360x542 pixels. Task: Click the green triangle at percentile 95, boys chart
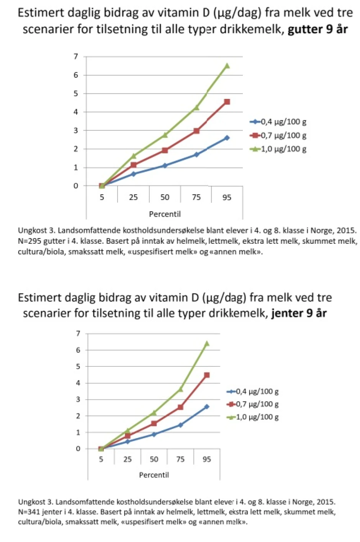point(227,66)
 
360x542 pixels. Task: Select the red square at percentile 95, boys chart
point(227,102)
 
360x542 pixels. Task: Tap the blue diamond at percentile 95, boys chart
point(227,138)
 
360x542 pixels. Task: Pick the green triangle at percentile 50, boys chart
point(165,135)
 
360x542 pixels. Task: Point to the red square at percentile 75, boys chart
point(196,131)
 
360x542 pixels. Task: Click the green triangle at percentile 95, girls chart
point(207,343)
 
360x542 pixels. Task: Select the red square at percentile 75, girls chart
point(180,407)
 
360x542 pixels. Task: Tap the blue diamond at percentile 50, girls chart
point(154,434)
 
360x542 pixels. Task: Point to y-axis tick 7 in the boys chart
point(76,57)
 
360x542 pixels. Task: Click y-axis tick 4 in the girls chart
point(78,383)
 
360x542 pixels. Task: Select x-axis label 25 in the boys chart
point(133,197)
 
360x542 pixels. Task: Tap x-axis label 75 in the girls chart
point(180,459)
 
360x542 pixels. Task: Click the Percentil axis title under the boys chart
point(165,214)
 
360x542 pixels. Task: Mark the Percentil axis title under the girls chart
point(154,475)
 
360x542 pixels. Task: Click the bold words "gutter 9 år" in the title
point(317,29)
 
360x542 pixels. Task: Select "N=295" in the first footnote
point(29,241)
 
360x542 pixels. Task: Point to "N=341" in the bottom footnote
point(29,512)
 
